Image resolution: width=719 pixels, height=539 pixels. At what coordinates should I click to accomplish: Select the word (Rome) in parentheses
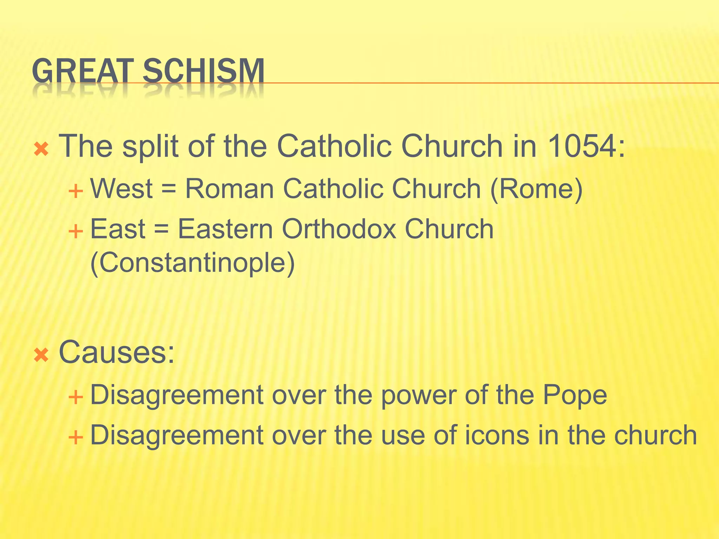click(536, 189)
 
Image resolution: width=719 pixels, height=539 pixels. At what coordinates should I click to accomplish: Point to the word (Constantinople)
click(192, 263)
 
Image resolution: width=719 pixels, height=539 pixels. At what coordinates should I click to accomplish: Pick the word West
click(121, 189)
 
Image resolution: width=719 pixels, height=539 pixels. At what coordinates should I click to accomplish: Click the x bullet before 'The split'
click(41, 150)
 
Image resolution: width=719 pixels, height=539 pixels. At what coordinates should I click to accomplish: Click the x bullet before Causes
click(41, 356)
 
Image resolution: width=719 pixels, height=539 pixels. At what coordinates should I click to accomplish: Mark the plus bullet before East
click(75, 232)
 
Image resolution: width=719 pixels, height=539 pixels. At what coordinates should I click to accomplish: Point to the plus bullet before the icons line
click(75, 438)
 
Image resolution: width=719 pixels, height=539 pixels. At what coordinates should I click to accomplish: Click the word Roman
click(229, 189)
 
